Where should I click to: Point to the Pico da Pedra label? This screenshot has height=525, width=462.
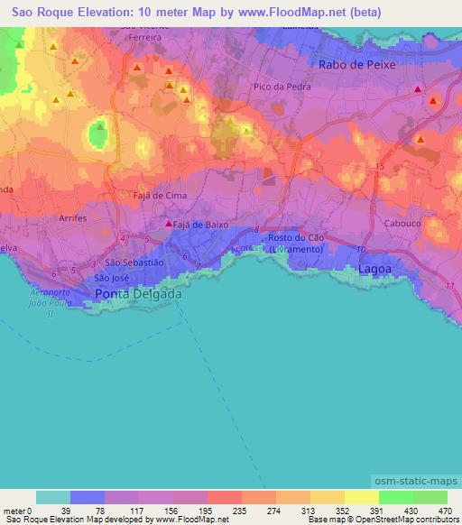click(x=279, y=86)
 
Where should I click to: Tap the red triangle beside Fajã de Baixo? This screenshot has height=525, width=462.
click(x=167, y=223)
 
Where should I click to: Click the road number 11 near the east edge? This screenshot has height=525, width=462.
click(x=450, y=285)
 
